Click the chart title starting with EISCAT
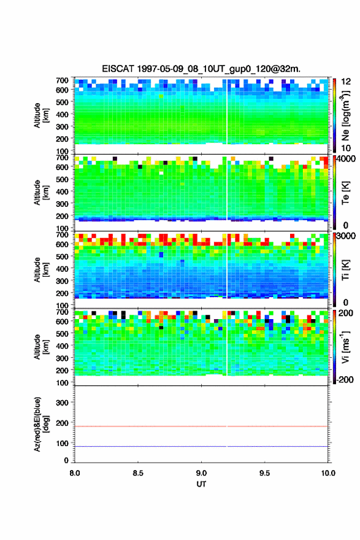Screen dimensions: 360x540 (x=201, y=69)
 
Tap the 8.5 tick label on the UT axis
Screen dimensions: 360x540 (x=138, y=473)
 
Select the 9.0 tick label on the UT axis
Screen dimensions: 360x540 (x=201, y=473)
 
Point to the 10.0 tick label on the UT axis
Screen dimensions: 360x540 (x=328, y=473)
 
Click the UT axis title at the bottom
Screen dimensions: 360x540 (x=201, y=484)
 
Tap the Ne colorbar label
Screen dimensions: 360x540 (x=346, y=115)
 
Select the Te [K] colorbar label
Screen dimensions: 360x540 (x=345, y=193)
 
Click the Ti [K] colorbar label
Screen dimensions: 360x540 (x=345, y=269)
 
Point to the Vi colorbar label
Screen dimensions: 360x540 (x=345, y=347)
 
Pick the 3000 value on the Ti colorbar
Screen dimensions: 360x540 (x=346, y=236)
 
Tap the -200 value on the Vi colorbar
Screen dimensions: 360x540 (x=345, y=379)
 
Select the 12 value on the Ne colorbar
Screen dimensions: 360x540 (x=346, y=82)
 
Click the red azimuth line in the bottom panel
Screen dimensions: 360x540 (x=201, y=426)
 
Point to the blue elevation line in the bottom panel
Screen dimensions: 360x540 (x=201, y=446)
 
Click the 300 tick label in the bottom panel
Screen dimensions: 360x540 (x=62, y=403)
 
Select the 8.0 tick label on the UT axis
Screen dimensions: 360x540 (x=75, y=473)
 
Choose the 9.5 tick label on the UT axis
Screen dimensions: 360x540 (x=265, y=473)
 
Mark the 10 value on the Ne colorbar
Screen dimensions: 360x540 (x=346, y=148)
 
